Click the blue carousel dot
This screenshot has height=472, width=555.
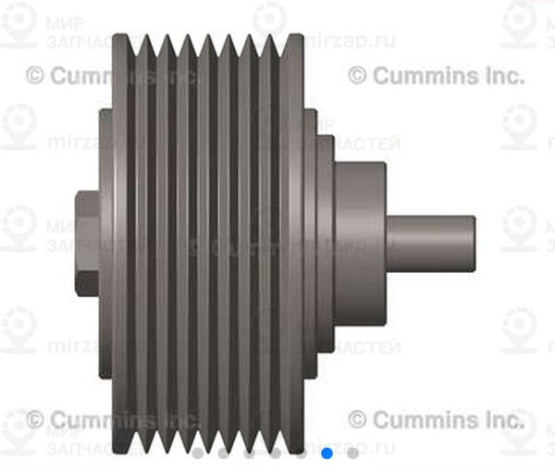click(x=327, y=453)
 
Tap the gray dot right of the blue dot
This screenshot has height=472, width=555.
click(x=352, y=453)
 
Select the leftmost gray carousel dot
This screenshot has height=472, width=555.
click(x=198, y=453)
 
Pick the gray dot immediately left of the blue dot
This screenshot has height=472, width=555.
click(x=302, y=453)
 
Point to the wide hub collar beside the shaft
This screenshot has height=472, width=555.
click(x=359, y=243)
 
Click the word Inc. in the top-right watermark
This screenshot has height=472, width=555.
click(x=500, y=75)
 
